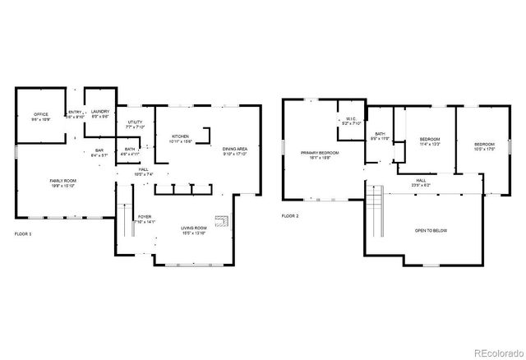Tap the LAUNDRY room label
[x=100, y=113]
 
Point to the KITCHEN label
[x=180, y=138]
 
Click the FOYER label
[x=144, y=195]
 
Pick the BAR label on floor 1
[x=99, y=152]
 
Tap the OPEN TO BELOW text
[x=431, y=231]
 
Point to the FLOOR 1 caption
[x=23, y=234]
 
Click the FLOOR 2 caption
[x=290, y=215]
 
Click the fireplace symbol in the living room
[x=220, y=221]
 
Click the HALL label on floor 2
[x=421, y=182]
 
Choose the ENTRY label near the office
[x=74, y=113]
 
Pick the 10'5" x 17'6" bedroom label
[x=483, y=147]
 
